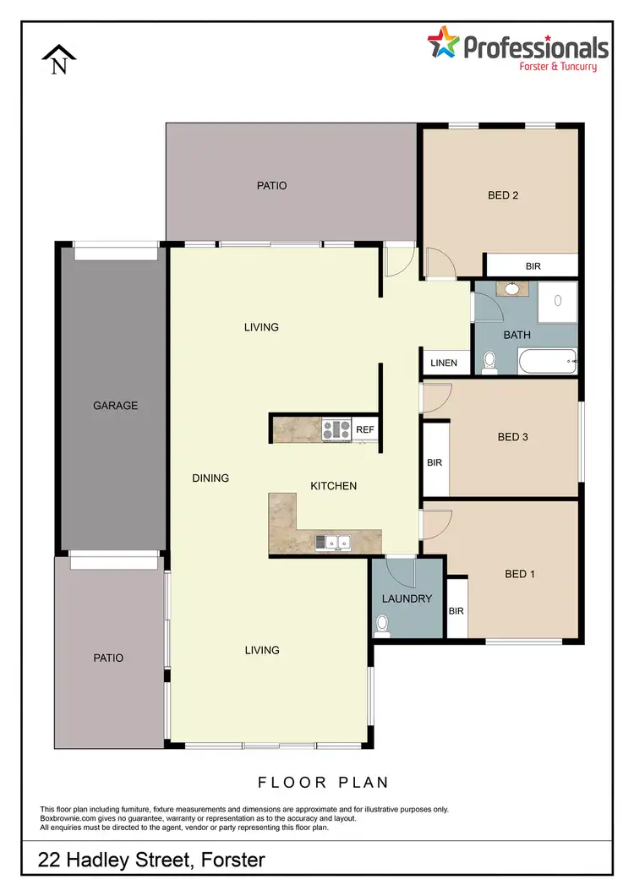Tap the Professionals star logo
coord(441,45)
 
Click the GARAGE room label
coord(115,406)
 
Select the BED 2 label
coord(503,195)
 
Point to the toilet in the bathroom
coord(489,362)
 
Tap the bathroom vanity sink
coord(512,289)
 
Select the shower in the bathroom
coord(558,300)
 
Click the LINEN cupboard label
coord(444,363)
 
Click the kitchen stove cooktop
coord(336,429)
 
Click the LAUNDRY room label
coord(407,598)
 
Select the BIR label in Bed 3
coord(435,463)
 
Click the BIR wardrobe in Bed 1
coord(456,609)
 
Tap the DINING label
coord(210,478)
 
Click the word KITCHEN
coord(334,486)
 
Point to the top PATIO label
coord(272,185)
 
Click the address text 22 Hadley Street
coord(152,860)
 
